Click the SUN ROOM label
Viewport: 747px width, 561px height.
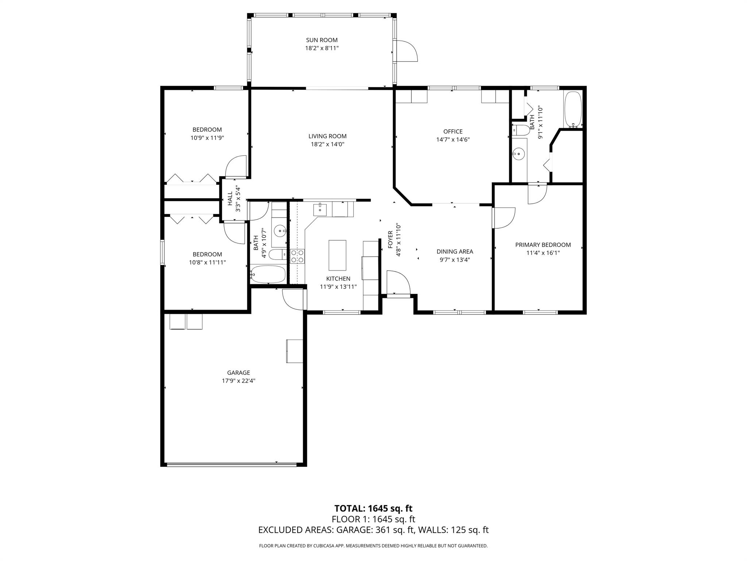[x=322, y=40]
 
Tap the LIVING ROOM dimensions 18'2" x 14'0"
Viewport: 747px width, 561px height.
[x=327, y=144]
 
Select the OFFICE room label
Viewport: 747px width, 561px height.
[x=453, y=131]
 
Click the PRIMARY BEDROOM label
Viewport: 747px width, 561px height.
[x=543, y=245]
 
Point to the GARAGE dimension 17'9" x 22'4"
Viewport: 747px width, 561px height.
[x=239, y=381]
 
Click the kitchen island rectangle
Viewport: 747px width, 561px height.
[x=337, y=255]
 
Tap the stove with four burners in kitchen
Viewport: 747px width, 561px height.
[x=297, y=256]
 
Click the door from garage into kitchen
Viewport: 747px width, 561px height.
[x=293, y=299]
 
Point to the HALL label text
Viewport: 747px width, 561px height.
[x=230, y=199]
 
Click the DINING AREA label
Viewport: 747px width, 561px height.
[x=454, y=251]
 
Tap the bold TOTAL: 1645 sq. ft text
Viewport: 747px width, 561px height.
[x=373, y=508]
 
